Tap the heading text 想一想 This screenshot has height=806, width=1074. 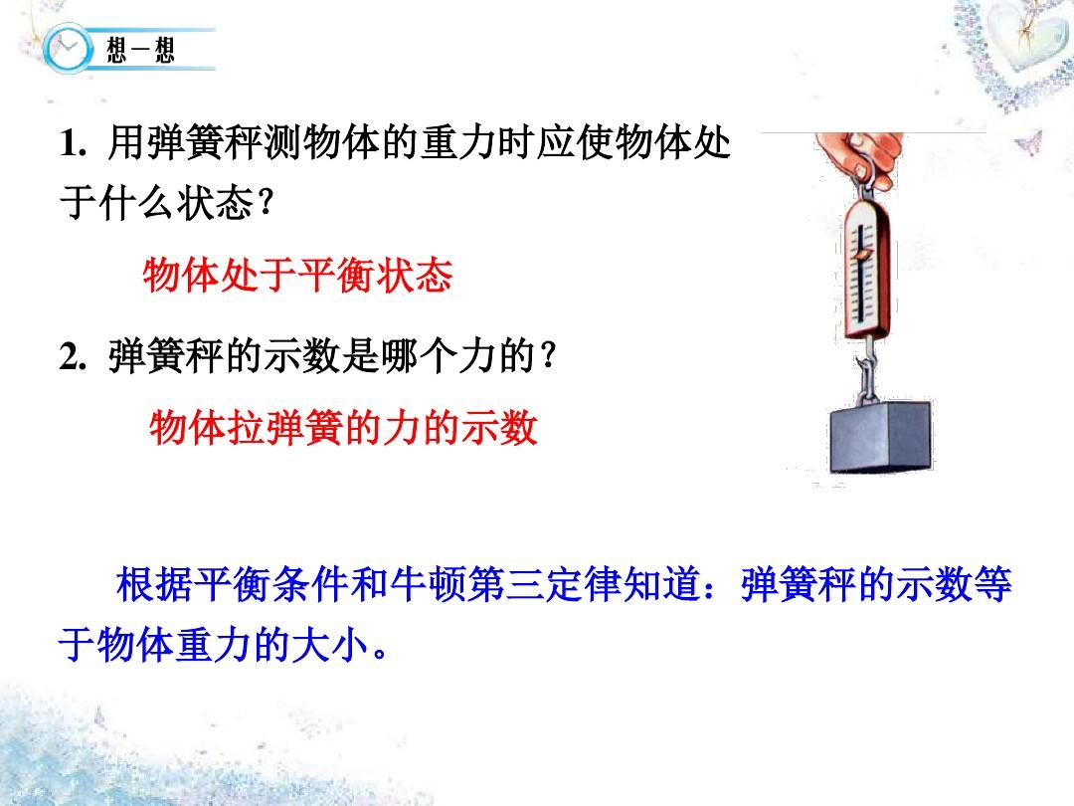pyautogui.click(x=140, y=50)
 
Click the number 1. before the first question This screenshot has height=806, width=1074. pyautogui.click(x=73, y=144)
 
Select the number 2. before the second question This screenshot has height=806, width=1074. pyautogui.click(x=73, y=357)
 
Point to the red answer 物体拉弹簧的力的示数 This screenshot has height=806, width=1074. pyautogui.click(x=343, y=428)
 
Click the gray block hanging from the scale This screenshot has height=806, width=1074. pyautogui.click(x=881, y=437)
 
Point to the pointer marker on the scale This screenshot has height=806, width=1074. pyautogui.click(x=861, y=255)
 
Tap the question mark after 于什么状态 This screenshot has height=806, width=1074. pyautogui.click(x=267, y=204)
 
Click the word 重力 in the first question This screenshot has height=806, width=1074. pyautogui.click(x=458, y=143)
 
